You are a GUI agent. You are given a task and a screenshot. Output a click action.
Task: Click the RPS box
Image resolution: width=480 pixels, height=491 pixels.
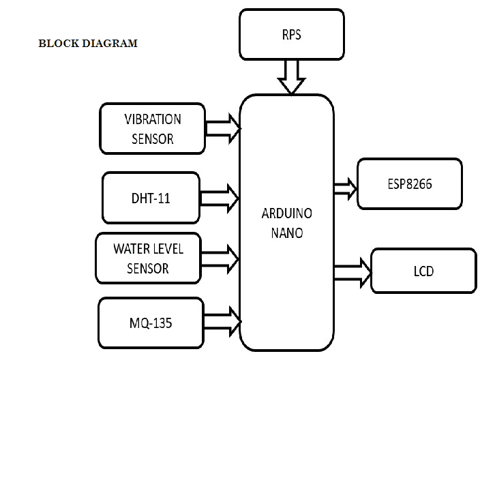click(x=291, y=34)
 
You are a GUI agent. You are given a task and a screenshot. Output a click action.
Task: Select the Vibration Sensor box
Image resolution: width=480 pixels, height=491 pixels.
click(x=152, y=128)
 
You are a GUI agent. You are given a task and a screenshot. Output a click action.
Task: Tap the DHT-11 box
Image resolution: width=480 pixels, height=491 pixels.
click(x=151, y=198)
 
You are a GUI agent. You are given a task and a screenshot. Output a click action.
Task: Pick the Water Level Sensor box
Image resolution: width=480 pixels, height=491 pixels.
click(x=148, y=258)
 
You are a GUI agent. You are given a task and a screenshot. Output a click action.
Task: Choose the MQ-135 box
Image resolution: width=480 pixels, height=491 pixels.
click(x=151, y=323)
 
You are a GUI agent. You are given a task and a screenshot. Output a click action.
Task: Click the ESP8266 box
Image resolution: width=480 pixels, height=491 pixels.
click(x=409, y=183)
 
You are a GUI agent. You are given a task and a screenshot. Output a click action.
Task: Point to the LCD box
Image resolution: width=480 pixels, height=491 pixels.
click(x=423, y=271)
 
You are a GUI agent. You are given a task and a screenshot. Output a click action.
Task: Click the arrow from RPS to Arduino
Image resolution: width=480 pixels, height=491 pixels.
click(x=291, y=77)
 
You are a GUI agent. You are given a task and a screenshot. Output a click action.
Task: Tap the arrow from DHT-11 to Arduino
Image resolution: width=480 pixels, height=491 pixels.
click(x=219, y=198)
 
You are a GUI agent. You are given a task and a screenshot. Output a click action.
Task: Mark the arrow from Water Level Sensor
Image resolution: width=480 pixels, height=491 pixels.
click(x=219, y=258)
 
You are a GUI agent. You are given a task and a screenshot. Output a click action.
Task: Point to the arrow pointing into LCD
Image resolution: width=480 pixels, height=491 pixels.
click(x=352, y=273)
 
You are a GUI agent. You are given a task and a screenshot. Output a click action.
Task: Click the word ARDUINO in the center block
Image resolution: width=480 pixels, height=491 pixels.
click(x=286, y=213)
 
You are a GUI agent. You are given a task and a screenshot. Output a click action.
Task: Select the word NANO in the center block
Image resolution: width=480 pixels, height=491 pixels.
click(x=286, y=233)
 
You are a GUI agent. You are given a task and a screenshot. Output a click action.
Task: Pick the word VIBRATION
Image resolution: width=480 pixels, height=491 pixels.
click(x=153, y=119)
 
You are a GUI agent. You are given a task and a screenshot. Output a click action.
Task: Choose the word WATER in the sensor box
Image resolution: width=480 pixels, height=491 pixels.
click(x=130, y=248)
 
